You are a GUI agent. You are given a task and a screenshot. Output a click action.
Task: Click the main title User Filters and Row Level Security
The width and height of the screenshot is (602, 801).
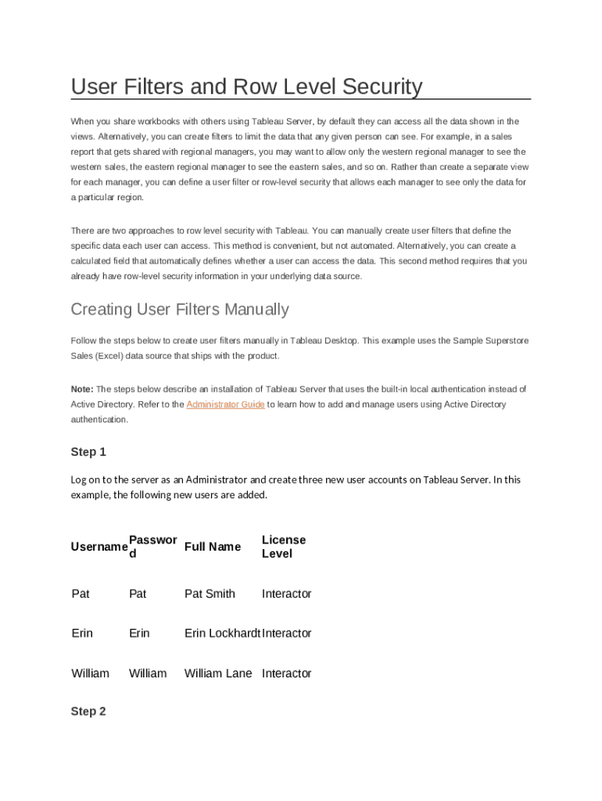246,86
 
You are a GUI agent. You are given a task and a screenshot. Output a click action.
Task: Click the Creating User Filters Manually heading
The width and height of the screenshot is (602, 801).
180,309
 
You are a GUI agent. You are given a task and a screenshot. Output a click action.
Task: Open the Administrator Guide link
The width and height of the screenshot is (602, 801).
225,404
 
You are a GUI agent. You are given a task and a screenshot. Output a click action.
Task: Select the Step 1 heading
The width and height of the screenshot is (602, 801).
88,452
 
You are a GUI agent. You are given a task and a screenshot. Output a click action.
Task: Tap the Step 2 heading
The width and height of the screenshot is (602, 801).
88,712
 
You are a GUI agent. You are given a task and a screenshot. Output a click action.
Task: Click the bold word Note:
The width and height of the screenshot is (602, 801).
82,389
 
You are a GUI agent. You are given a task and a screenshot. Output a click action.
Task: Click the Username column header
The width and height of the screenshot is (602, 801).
99,547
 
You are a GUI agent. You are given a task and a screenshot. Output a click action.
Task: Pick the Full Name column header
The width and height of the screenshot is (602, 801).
213,547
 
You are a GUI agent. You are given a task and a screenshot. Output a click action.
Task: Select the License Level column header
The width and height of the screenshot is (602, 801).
283,547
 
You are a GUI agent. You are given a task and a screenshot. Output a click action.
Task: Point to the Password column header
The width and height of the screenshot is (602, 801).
152,547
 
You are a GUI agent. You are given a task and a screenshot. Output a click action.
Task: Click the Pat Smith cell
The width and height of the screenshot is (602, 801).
210,594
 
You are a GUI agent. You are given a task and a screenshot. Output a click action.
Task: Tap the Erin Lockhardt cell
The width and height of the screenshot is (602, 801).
222,633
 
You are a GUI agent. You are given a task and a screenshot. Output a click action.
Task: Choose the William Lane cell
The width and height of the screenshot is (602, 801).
218,673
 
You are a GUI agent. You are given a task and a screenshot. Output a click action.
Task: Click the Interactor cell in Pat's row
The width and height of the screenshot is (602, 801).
286,594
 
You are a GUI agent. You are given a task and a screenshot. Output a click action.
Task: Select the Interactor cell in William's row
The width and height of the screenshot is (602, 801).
286,673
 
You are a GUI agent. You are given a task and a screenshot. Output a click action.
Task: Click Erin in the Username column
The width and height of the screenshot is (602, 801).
82,633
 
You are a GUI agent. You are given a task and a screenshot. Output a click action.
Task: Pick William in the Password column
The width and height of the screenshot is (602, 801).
148,673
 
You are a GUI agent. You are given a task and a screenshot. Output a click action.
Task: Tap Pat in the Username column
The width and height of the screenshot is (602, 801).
81,594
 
